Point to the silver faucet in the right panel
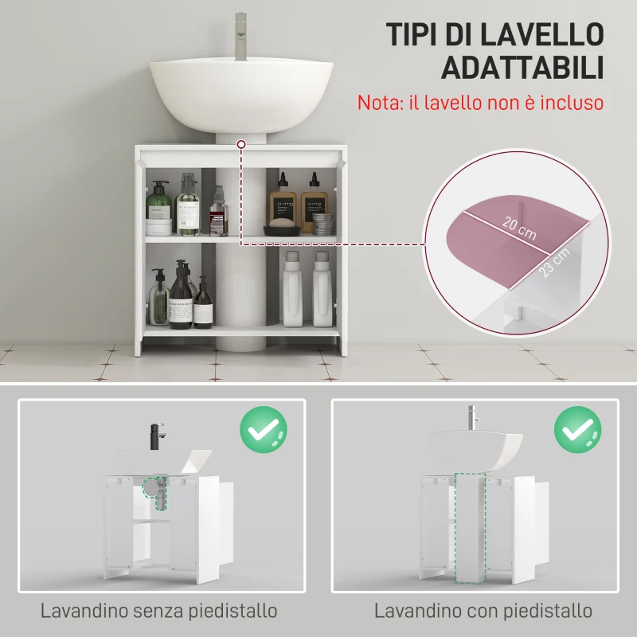pyautogui.click(x=471, y=418)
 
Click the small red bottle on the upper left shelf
pyautogui.click(x=218, y=217)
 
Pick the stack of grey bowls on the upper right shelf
pyautogui.click(x=322, y=223)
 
